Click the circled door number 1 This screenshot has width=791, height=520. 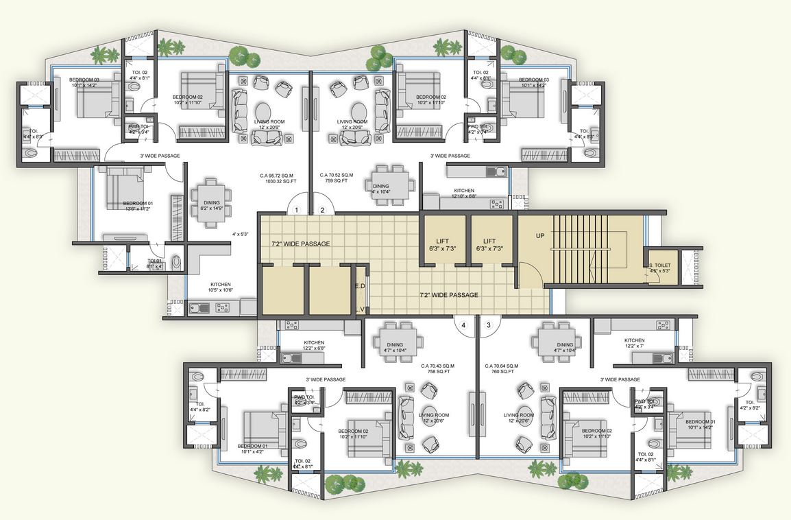(296, 210)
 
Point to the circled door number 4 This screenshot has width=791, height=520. (464, 324)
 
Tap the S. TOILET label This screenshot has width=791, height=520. (661, 265)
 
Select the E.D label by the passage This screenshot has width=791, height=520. (359, 287)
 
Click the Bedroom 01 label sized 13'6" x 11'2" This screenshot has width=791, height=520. (138, 204)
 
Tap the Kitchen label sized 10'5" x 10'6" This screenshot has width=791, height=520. (220, 284)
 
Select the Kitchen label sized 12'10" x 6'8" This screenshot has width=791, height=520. (464, 191)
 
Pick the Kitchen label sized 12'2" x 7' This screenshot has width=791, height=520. (634, 340)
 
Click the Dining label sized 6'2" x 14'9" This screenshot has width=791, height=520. (211, 203)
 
